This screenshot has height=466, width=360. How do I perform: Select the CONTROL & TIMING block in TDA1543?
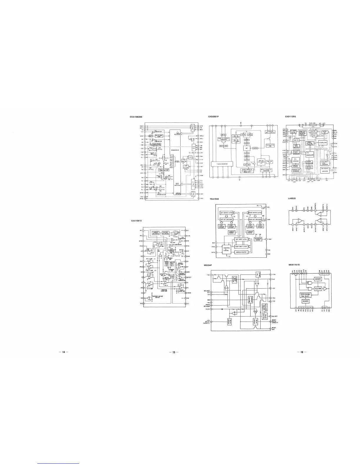pyautogui.click(x=227, y=249)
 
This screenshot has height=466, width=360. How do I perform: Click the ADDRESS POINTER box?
pyautogui.click(x=241, y=252)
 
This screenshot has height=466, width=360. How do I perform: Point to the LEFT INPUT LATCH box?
pyautogui.click(x=241, y=239)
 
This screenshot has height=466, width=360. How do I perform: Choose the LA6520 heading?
pyautogui.click(x=292, y=198)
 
